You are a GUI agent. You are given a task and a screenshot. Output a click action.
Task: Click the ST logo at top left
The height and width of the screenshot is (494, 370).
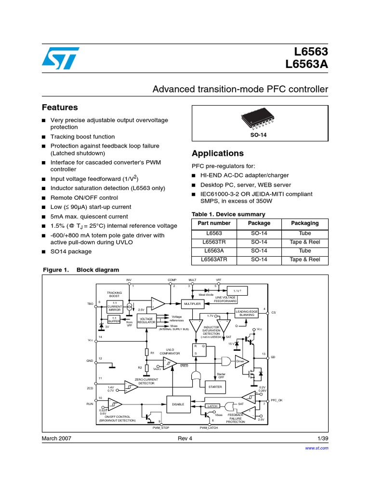tap(58, 58)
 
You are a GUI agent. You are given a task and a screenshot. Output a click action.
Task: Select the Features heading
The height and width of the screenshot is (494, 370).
tap(60, 107)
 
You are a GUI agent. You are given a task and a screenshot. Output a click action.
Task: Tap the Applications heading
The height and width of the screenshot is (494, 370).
tap(218, 153)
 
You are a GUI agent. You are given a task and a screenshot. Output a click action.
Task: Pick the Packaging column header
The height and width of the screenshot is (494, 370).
tap(305, 223)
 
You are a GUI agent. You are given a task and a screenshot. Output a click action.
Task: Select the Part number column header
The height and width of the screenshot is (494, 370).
tap(214, 223)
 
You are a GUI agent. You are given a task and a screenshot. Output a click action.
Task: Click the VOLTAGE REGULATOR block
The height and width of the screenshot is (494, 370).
tap(146, 321)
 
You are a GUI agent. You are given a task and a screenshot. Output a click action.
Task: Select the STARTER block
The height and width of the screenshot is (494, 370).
tap(215, 387)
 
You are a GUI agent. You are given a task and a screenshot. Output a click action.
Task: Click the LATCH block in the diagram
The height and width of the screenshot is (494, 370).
tap(212, 406)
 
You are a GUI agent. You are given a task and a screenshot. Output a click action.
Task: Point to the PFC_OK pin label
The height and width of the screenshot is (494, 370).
tap(277, 400)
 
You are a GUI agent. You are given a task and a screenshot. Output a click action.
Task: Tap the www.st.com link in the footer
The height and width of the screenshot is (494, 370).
tap(317, 448)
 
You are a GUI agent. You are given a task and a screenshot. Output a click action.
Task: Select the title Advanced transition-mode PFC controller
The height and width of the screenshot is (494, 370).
tap(240, 89)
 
